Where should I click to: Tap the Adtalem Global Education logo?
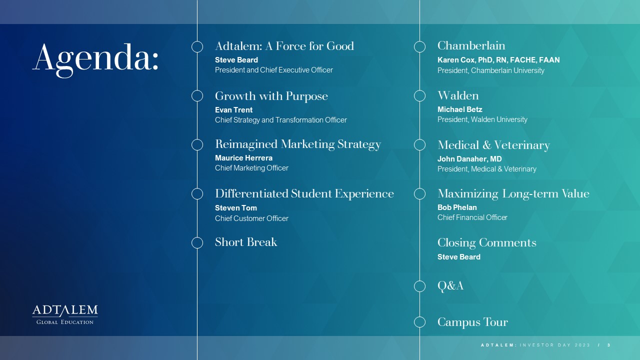pos(65,314)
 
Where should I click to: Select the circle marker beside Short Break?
pos(197,237)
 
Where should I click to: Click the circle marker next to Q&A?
pos(419,280)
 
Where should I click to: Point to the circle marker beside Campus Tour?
pos(419,316)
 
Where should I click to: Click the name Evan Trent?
pos(233,110)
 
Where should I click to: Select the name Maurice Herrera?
pos(243,158)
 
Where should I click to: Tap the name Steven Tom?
pos(235,208)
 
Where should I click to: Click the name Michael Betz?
pos(459,109)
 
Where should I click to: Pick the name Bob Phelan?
pos(457,207)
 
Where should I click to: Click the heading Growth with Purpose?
pos(271,96)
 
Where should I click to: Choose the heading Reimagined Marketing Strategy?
pos(298,144)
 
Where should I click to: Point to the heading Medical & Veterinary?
pos(493,145)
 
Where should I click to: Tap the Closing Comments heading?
pos(487,242)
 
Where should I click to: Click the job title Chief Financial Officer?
pos(472,217)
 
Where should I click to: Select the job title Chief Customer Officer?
pos(251,218)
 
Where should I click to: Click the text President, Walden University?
pos(482,119)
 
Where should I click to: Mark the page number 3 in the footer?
pos(609,345)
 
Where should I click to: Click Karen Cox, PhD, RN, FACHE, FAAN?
pos(498,60)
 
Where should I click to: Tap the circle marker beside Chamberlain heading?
pos(419,41)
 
